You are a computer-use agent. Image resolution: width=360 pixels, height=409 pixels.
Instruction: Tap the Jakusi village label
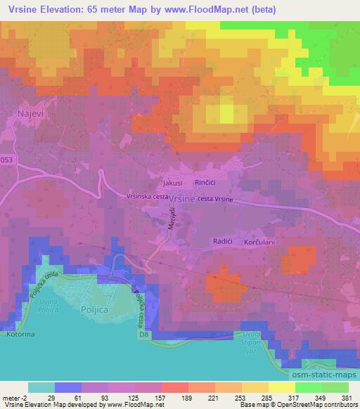click(x=172, y=182)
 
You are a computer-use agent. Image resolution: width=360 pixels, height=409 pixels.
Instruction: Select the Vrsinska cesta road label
click(x=148, y=197)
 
